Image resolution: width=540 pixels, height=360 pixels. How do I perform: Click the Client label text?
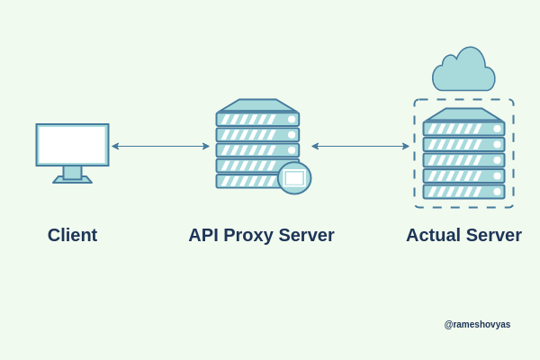[72, 235]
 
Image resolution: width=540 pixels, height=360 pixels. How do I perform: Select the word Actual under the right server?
[435, 235]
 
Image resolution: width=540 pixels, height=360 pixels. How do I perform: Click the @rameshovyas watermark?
[477, 324]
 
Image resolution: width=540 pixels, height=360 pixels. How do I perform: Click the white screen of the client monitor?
[72, 144]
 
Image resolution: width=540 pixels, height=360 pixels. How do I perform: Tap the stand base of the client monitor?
[72, 179]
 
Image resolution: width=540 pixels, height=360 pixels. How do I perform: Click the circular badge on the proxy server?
[294, 178]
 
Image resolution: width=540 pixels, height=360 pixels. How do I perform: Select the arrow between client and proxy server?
[160, 146]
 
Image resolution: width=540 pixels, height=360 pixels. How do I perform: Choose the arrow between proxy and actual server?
[360, 146]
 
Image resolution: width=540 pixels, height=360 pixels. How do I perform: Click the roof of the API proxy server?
[257, 105]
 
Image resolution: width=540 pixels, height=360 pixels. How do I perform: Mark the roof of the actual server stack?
[463, 114]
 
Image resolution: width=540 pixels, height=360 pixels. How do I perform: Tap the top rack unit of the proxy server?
[257, 119]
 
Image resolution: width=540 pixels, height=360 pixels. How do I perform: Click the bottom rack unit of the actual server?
[463, 191]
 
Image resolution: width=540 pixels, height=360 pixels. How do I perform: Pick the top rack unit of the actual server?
[463, 129]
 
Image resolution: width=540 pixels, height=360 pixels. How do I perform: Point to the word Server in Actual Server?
[493, 235]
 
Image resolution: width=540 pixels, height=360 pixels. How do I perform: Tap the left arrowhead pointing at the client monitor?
[115, 146]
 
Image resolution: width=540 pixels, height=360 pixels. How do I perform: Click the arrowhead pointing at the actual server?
[406, 146]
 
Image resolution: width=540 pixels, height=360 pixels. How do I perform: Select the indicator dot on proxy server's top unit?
[292, 119]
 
